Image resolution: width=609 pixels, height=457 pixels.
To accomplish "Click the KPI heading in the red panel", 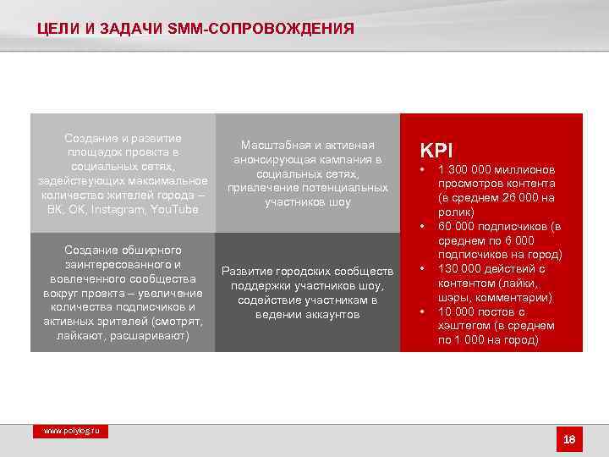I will pyautogui.click(x=437, y=150).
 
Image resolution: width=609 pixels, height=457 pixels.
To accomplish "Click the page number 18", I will pyautogui.click(x=569, y=439).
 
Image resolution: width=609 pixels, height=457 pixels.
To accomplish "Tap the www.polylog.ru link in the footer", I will pyautogui.click(x=72, y=431).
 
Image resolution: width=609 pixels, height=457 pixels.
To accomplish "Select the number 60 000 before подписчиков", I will pyautogui.click(x=456, y=227).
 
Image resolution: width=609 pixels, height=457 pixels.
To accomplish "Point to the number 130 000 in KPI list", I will pyautogui.click(x=460, y=269).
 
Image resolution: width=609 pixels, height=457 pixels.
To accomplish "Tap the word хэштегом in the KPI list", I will pyautogui.click(x=464, y=326).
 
